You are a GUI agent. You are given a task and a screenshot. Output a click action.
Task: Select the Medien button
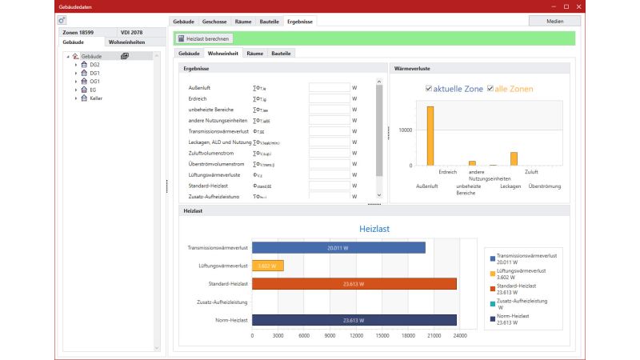pyautogui.click(x=554, y=20)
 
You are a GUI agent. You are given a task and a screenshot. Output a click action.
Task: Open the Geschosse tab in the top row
pyautogui.click(x=214, y=20)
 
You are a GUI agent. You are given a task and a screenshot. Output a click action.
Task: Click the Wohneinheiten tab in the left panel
pyautogui.click(x=127, y=42)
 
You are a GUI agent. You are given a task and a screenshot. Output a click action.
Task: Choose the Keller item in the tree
pyautogui.click(x=96, y=98)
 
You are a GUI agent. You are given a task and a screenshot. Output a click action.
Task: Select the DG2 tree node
pyautogui.click(x=94, y=64)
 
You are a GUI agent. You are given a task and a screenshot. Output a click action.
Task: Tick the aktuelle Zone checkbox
pyautogui.click(x=429, y=89)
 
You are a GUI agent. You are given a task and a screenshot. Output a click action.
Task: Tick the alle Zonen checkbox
pyautogui.click(x=490, y=89)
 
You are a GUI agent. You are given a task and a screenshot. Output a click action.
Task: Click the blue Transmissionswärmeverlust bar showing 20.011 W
pyautogui.click(x=338, y=248)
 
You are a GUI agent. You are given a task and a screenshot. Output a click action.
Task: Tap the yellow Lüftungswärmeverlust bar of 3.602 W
pyautogui.click(x=268, y=266)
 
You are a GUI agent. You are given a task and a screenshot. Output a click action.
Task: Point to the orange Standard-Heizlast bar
pyautogui.click(x=354, y=283)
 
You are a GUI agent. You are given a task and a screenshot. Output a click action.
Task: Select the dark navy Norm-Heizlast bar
pyautogui.click(x=354, y=320)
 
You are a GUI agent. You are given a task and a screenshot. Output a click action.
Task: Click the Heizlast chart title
pyautogui.click(x=374, y=229)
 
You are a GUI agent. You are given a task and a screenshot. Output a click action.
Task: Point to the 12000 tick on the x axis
pyautogui.click(x=356, y=335)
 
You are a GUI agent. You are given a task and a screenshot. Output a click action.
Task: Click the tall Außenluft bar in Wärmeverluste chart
pyautogui.click(x=430, y=136)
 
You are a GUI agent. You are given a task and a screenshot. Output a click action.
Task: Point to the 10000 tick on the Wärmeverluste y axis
pyautogui.click(x=405, y=130)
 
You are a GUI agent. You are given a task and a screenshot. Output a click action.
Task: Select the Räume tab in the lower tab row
pyautogui.click(x=255, y=53)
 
